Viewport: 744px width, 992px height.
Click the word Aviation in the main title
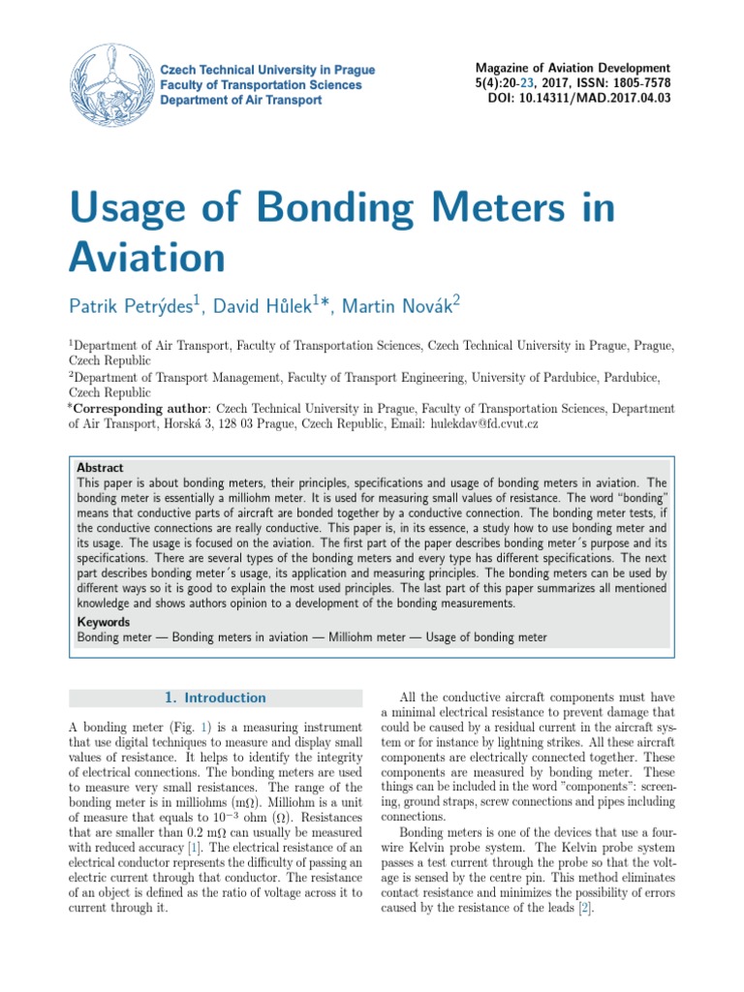coord(146,258)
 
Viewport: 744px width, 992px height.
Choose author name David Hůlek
coord(269,307)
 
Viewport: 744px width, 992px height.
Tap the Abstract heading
coord(101,467)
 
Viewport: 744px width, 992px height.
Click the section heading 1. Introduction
coord(215,697)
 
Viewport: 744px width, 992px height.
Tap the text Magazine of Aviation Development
coord(573,68)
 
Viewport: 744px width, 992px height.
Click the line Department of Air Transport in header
coord(240,100)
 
